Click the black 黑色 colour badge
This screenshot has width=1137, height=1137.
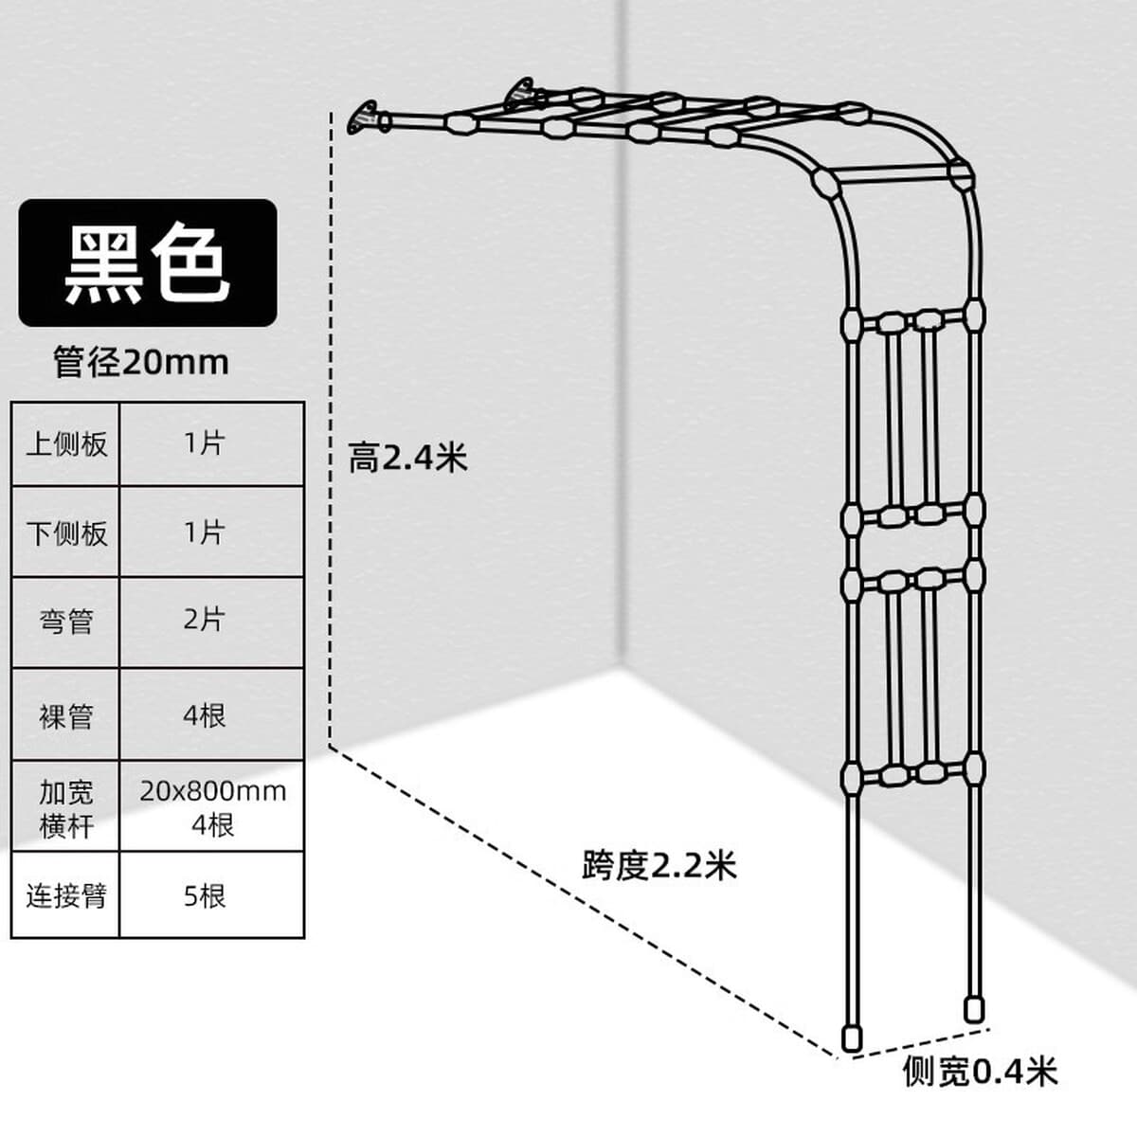148,262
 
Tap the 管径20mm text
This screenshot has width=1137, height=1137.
141,362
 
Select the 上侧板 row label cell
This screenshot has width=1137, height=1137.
65,443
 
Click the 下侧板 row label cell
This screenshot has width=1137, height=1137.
65,532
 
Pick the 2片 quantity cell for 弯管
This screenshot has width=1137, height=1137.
212,622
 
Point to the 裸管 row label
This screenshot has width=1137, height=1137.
65,714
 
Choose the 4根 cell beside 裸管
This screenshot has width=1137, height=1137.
212,714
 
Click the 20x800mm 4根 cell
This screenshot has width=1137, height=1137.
212,806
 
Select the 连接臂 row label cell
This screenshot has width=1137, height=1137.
65,895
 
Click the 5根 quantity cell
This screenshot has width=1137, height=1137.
212,895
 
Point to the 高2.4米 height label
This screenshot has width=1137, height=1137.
407,458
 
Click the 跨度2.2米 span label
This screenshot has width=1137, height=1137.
659,866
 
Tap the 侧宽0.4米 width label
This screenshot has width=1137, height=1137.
980,1071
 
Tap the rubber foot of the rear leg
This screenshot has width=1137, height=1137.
974,1009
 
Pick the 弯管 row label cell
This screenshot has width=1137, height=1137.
65,622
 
